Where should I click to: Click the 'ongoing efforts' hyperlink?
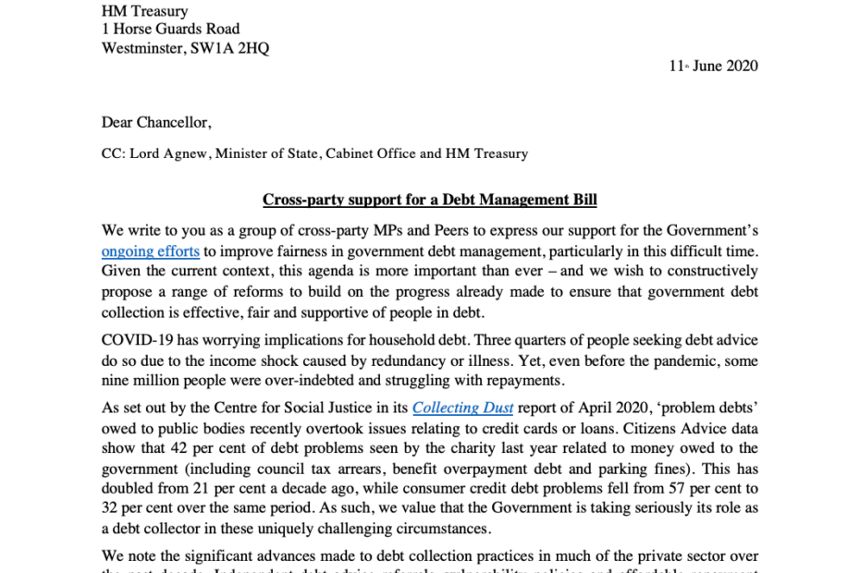click(x=151, y=250)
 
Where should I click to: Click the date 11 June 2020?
click(x=713, y=66)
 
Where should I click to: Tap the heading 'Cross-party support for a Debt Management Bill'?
click(x=429, y=200)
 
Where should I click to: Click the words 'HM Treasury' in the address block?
click(x=144, y=11)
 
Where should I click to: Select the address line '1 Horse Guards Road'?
click(x=170, y=30)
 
